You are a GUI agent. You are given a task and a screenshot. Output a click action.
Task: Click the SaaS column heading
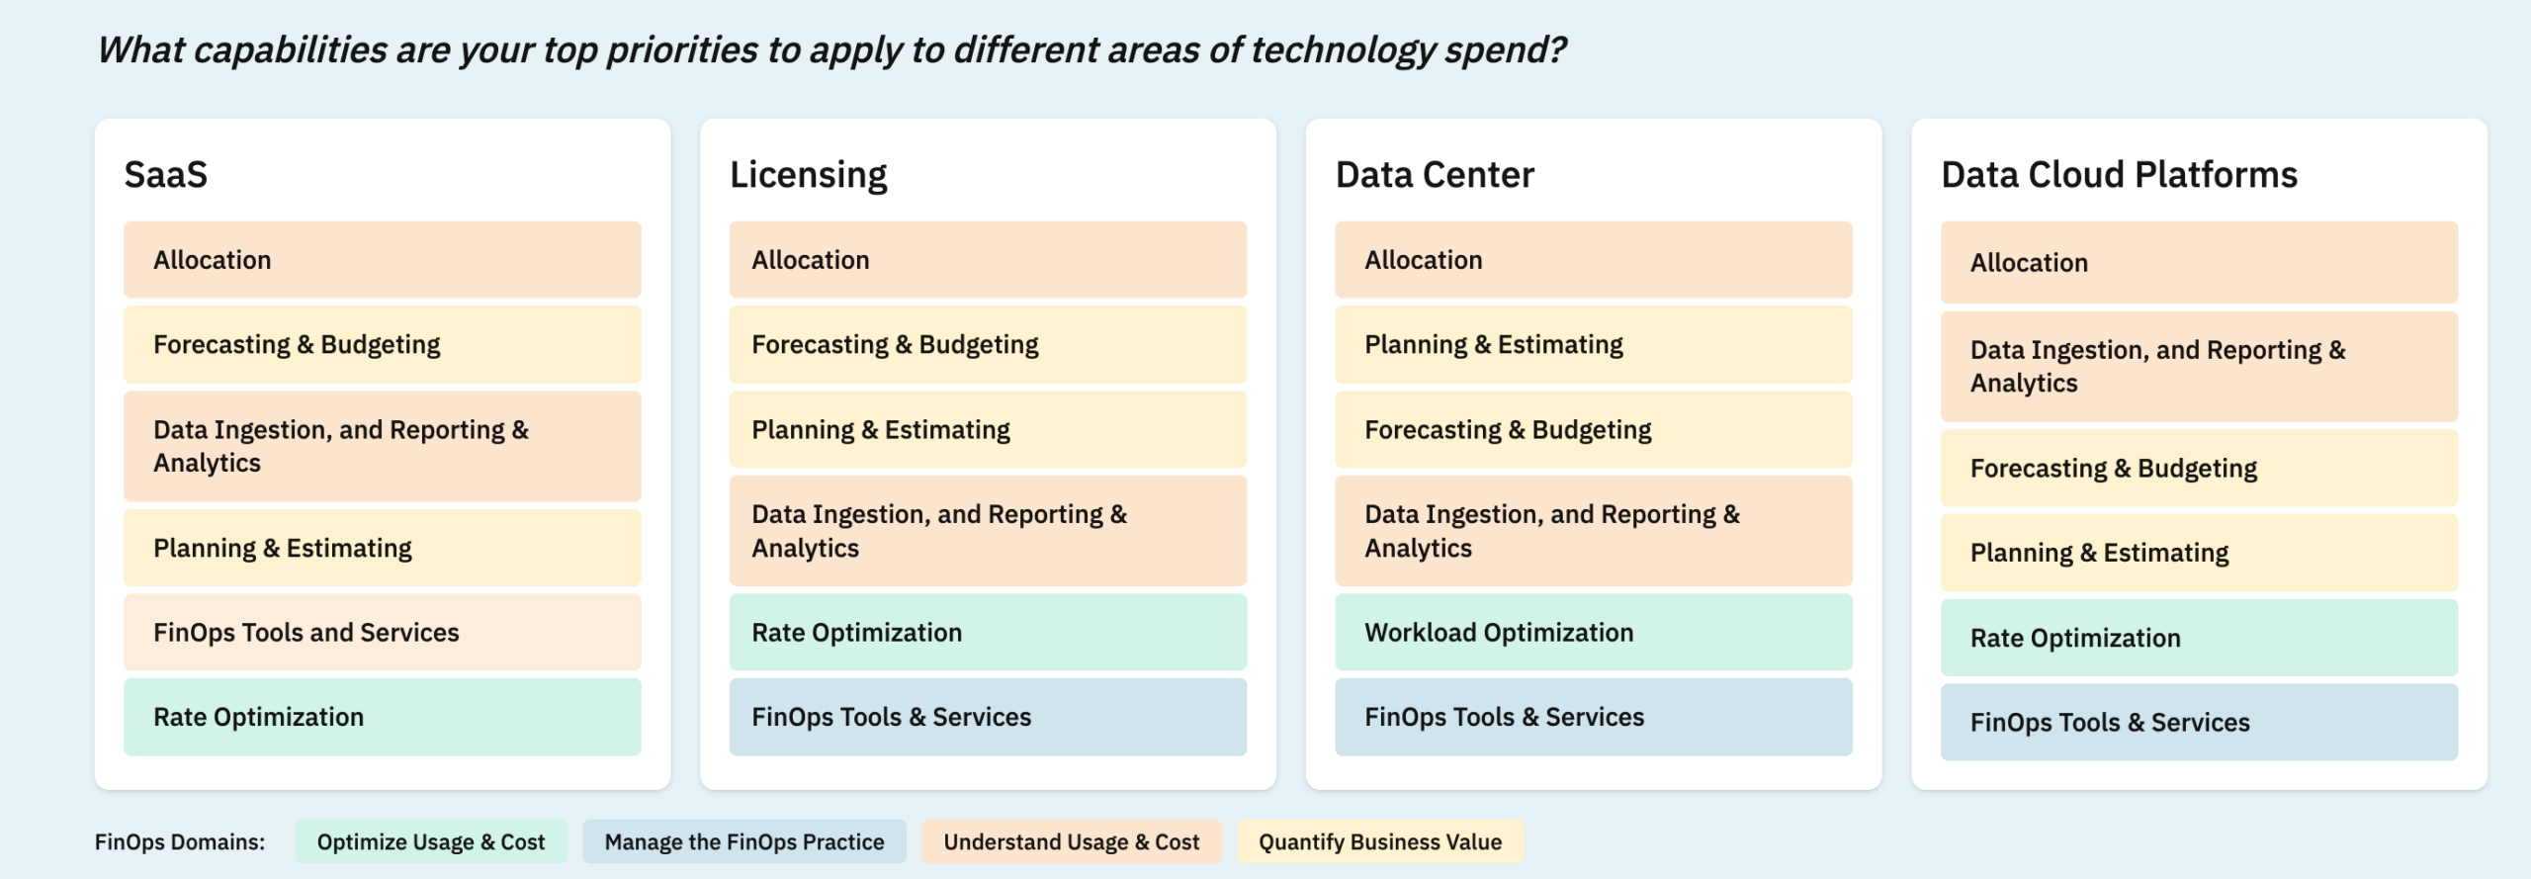coord(166,175)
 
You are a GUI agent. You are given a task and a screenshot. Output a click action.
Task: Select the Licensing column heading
coord(808,175)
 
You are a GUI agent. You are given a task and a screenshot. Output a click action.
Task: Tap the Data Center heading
coord(1435,175)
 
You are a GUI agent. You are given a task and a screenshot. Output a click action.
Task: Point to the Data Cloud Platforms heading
coord(2119,175)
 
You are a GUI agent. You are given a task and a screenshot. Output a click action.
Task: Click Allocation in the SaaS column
coord(382,260)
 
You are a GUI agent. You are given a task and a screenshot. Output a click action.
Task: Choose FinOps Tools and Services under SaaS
coord(382,633)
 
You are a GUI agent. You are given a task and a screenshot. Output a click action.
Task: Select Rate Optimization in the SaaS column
coord(382,717)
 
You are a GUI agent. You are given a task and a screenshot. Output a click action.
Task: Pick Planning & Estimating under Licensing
coord(987,430)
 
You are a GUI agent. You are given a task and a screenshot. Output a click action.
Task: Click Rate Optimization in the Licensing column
coord(987,633)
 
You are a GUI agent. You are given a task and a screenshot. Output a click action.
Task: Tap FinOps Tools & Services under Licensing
coord(987,717)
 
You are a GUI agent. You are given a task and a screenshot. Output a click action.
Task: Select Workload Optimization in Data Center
coord(1593,633)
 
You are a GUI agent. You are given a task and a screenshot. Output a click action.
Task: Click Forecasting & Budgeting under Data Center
coord(1593,430)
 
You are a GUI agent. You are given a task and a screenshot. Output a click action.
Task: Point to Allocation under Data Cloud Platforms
coord(2199,263)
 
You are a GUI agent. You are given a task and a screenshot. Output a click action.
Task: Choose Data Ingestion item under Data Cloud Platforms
coord(2199,367)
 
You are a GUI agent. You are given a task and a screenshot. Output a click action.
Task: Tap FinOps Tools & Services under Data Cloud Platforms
coord(2199,723)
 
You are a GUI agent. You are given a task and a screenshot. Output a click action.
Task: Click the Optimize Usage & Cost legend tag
coord(431,842)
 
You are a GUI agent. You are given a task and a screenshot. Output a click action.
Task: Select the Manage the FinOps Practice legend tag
coord(743,842)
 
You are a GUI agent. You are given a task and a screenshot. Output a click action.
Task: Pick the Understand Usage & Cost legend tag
coord(1071,842)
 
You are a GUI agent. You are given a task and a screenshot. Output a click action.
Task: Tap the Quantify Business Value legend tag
coord(1379,842)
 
